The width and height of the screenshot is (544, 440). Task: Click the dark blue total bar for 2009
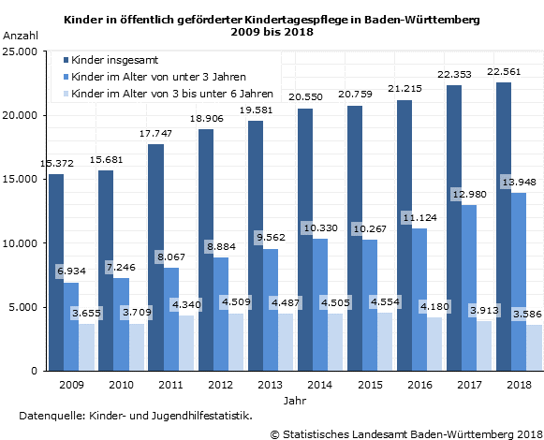click(x=56, y=271)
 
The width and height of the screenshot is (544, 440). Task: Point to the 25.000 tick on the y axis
click(x=22, y=51)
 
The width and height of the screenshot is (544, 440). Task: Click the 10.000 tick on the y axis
click(x=22, y=243)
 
